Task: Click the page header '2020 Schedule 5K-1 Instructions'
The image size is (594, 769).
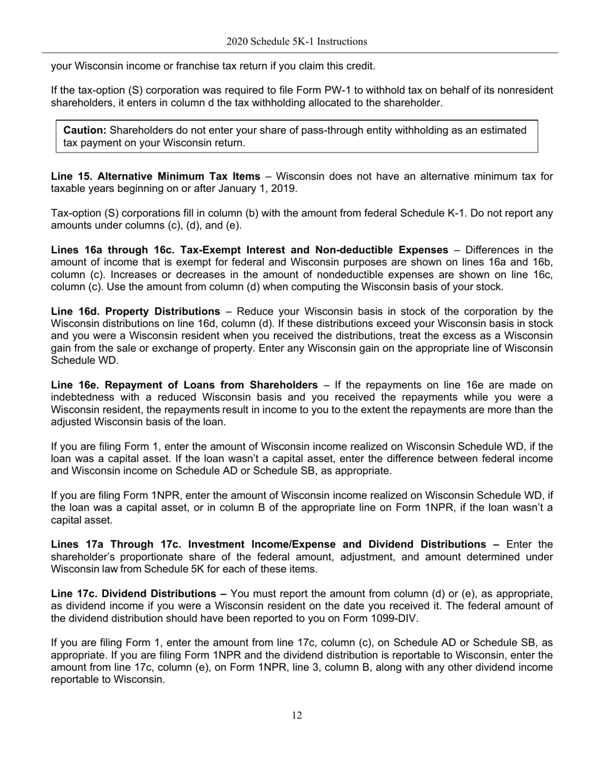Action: point(296,42)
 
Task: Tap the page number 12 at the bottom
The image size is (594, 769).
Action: point(296,715)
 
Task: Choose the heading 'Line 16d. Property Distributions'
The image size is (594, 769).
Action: point(135,311)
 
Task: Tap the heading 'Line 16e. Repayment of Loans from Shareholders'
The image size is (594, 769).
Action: point(184,385)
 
